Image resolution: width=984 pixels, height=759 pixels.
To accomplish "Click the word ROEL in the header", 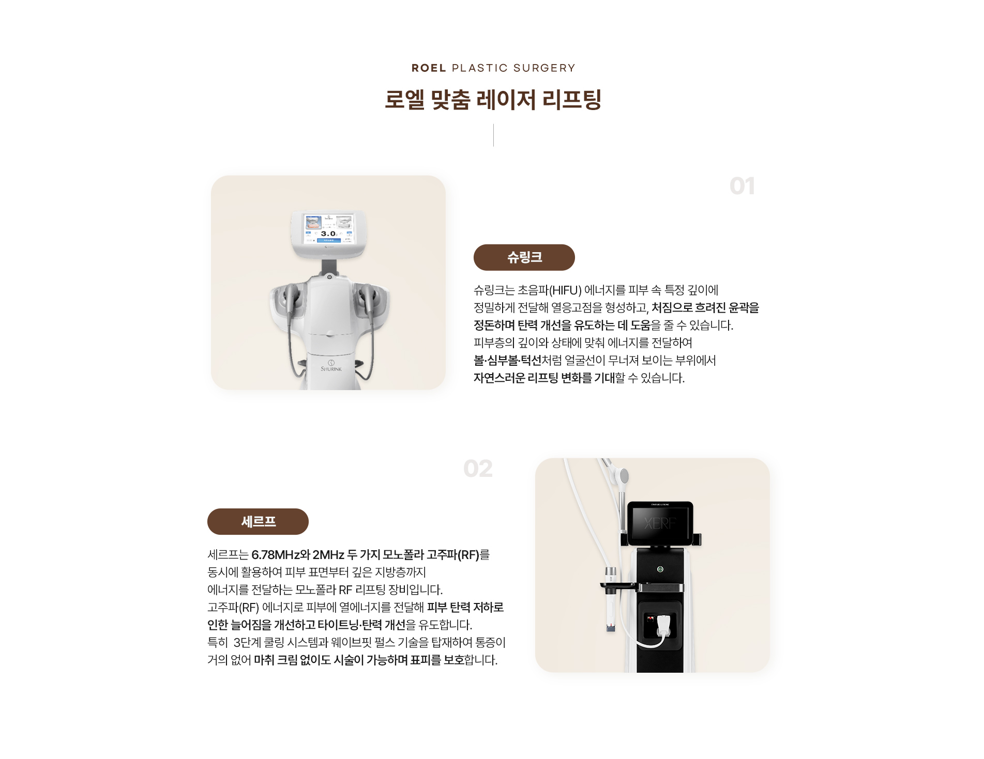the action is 429,68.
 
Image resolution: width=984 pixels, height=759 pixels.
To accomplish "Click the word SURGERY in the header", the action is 544,68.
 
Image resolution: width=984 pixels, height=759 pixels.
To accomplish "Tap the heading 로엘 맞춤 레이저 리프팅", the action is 493,100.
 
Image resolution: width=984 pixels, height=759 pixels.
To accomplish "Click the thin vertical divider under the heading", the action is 493,135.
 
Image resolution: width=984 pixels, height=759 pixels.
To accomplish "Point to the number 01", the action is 742,187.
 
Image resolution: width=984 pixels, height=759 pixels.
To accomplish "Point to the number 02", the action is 478,469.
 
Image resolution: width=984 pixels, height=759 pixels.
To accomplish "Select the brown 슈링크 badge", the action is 524,257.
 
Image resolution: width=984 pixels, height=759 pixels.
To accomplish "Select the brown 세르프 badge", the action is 258,522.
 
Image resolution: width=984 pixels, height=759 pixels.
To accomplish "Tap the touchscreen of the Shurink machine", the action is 329,229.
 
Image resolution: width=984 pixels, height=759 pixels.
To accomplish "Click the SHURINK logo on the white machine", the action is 331,366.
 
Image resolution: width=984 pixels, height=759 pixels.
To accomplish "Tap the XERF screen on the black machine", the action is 660,523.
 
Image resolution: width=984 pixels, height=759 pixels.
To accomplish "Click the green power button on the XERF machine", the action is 660,569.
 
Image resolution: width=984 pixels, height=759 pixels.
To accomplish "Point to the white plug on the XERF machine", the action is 664,625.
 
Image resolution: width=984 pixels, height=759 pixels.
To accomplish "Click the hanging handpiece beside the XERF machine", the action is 611,599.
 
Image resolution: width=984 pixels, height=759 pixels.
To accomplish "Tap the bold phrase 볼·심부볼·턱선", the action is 507,361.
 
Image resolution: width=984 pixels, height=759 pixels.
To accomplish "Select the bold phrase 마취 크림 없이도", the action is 292,660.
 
